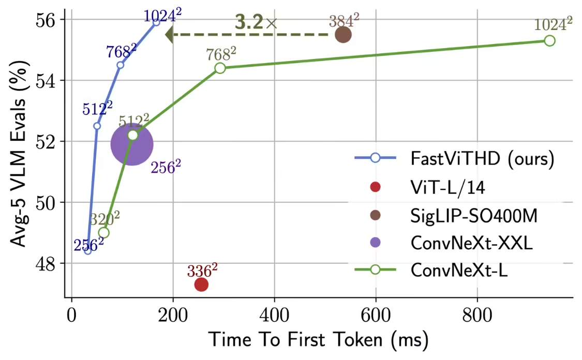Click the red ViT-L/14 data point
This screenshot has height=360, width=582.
[201, 284]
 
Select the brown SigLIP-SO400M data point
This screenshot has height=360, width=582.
[343, 35]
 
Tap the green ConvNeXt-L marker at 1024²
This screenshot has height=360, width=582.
[549, 40]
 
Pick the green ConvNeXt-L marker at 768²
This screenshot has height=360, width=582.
[220, 68]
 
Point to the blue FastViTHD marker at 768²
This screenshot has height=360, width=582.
[120, 65]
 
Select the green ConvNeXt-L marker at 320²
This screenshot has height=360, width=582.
[103, 232]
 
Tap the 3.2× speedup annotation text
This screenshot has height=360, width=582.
[256, 22]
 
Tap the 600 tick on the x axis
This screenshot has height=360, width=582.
[376, 313]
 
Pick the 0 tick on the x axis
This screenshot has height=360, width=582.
[71, 313]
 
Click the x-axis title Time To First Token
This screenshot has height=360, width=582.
[318, 340]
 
